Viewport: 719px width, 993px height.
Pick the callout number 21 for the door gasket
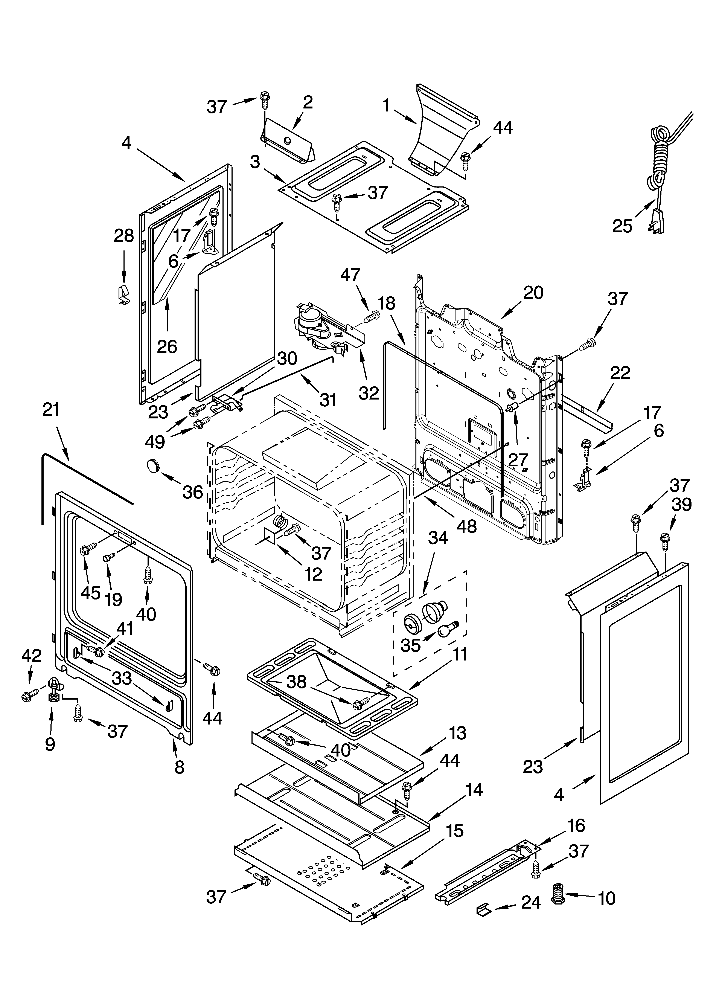click(x=51, y=410)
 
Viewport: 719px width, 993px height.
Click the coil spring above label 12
click(x=279, y=521)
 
